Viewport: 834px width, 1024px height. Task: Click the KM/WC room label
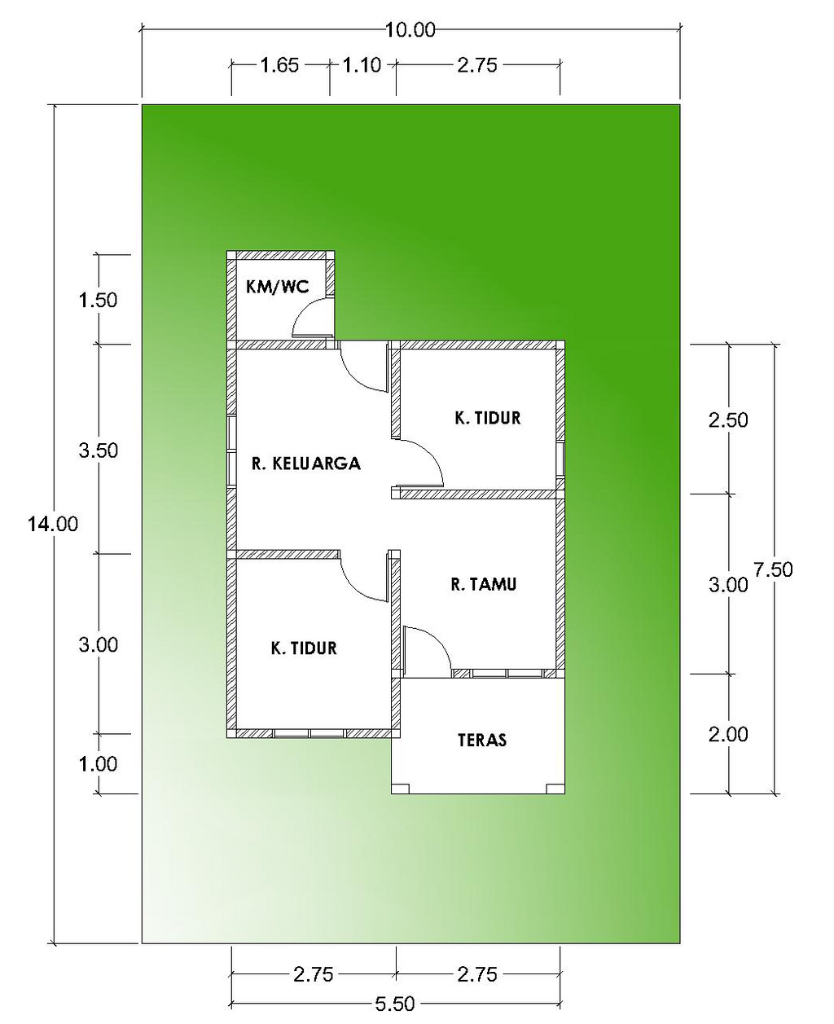tap(278, 287)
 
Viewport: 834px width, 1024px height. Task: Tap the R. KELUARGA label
tap(305, 464)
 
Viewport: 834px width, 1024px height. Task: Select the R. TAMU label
tap(484, 584)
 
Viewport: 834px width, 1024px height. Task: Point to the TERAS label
tap(482, 740)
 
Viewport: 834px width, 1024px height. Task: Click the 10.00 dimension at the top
tap(410, 30)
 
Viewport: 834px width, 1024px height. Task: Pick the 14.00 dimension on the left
tap(52, 524)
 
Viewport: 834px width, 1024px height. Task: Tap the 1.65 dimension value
tap(279, 65)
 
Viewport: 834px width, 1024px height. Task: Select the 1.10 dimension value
tap(362, 65)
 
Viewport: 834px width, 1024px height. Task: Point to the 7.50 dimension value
tap(773, 569)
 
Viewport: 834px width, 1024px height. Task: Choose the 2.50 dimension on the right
tap(728, 420)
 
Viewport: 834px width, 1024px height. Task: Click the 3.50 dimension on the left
tap(98, 450)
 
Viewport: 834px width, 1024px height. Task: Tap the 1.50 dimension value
tap(98, 300)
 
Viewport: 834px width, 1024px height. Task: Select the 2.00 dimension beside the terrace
tap(728, 735)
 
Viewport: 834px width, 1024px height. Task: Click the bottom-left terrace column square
tap(401, 789)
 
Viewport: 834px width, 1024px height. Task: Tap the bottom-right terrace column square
tap(555, 789)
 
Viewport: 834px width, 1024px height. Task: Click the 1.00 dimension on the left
tap(98, 764)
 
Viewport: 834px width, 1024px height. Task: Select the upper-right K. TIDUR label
tap(488, 418)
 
